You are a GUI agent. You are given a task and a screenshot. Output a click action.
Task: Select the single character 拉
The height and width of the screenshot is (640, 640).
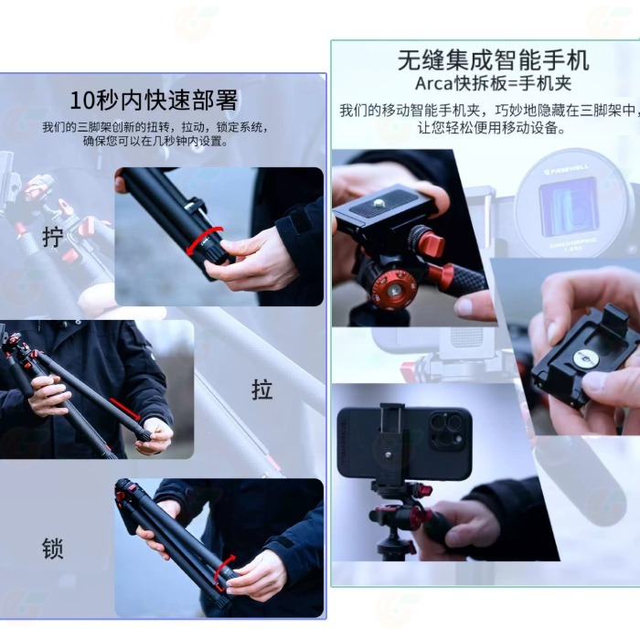tap(261, 389)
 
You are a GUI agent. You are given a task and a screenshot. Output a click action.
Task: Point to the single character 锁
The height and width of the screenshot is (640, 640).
tap(53, 549)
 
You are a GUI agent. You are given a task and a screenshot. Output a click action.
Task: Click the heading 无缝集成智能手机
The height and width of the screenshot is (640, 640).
tap(493, 60)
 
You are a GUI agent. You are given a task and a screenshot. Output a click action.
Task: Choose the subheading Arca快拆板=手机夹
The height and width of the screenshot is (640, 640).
tap(493, 85)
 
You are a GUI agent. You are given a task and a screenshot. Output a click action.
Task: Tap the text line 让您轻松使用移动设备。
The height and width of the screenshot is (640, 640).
tap(493, 129)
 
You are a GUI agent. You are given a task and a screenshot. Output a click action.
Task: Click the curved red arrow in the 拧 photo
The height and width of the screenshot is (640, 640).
tap(205, 240)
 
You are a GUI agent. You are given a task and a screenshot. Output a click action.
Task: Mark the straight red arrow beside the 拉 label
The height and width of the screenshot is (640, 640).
tap(125, 409)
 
